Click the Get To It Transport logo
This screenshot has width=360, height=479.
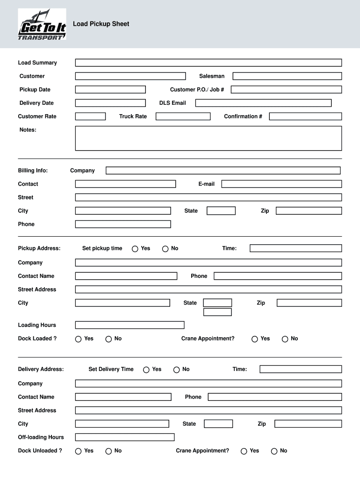pos(42,25)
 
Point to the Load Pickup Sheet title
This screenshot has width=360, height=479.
pos(101,24)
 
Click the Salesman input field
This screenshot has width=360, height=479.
pos(287,76)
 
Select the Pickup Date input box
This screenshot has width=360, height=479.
pos(110,90)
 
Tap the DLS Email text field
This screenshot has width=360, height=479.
pos(263,103)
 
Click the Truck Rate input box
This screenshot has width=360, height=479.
pos(183,116)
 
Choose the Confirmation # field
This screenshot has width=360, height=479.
pos(305,116)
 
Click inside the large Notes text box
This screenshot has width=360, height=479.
pos(208,138)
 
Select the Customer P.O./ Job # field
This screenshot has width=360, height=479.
pos(286,90)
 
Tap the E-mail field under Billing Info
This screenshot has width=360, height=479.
pos(281,184)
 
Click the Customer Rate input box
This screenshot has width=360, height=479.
pos(90,116)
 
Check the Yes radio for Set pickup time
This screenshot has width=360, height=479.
pos(135,249)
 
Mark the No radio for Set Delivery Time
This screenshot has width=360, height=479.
pos(176,370)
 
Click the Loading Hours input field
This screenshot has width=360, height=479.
pos(130,325)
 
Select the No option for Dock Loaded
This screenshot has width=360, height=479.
pos(108,339)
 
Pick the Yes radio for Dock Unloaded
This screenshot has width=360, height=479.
pos(79,451)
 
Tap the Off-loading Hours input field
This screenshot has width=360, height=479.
pos(124,437)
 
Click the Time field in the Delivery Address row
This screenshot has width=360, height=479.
pos(300,370)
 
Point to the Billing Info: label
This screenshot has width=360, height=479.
pos(33,171)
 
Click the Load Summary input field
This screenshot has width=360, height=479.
pos(208,63)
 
